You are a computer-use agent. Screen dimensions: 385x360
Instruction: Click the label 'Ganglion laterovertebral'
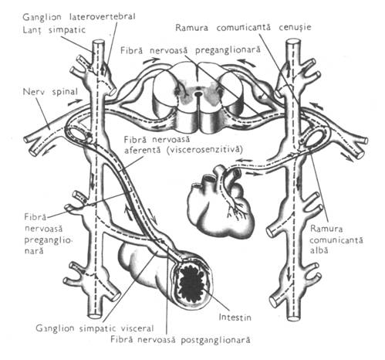(79, 17)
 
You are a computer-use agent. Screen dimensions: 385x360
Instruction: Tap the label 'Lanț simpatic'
(54, 30)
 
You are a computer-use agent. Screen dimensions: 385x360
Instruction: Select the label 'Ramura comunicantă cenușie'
(243, 27)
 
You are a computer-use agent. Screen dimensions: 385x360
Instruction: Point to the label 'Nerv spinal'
(50, 92)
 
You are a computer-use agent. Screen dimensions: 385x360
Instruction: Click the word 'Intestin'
(235, 317)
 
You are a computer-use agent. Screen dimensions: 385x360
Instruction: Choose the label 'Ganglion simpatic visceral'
(95, 328)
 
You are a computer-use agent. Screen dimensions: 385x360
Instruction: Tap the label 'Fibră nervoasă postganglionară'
(181, 340)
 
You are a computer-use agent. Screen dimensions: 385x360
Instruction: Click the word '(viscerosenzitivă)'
(204, 150)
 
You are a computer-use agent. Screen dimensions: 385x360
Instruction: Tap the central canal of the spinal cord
(198, 93)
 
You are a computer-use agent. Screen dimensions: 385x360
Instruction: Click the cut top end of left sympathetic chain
(99, 42)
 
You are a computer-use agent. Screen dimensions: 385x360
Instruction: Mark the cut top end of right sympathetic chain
(293, 42)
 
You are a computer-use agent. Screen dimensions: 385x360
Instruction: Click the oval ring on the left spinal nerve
(79, 133)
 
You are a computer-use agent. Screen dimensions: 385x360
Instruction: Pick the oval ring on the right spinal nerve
(313, 138)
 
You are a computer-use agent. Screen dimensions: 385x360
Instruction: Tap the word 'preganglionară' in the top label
(228, 50)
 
